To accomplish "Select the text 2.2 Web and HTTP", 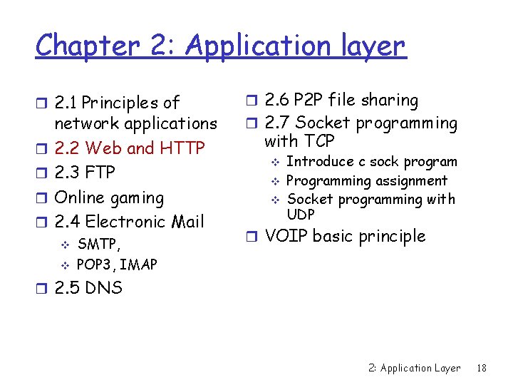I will point(129,148).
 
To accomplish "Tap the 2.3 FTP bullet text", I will point(85,173).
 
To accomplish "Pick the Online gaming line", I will point(109,197).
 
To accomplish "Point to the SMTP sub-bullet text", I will point(99,245).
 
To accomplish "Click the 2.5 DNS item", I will point(88,288).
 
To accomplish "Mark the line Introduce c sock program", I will point(371,162).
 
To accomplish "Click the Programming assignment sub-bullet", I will point(366,181).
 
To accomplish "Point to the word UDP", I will point(300,215).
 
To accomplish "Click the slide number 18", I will point(482,368).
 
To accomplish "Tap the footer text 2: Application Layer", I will point(414,368).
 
